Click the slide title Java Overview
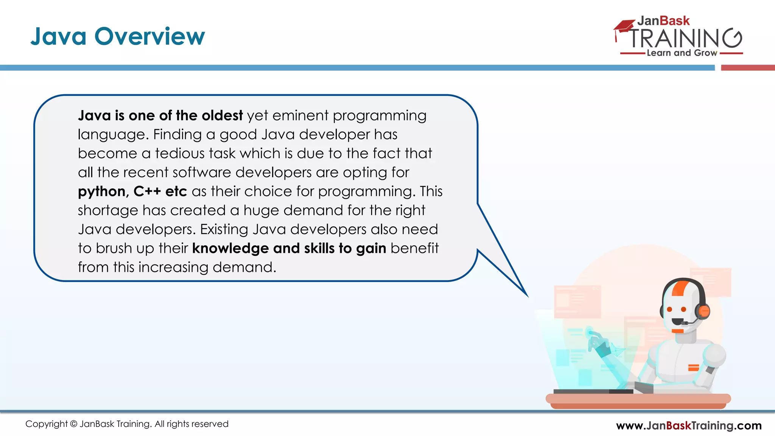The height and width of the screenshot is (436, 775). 117,37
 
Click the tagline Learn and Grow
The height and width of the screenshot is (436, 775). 682,53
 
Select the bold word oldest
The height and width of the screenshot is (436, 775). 222,115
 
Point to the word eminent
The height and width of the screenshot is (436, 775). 300,115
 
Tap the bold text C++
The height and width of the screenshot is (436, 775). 147,191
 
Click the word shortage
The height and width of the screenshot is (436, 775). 108,210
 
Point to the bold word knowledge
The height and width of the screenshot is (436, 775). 230,248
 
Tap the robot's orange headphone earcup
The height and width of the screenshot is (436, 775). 703,311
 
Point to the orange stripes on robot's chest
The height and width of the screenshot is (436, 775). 693,367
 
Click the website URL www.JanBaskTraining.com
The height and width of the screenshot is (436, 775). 688,425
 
